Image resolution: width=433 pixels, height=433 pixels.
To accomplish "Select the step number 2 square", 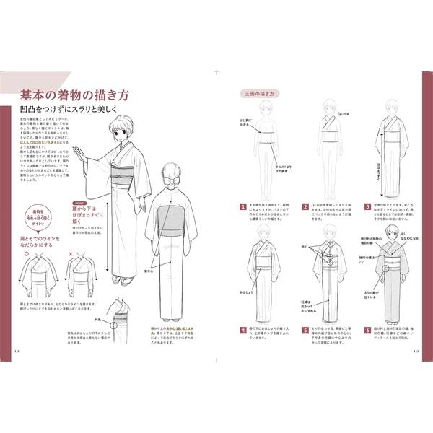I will pyautogui.click(x=305, y=204).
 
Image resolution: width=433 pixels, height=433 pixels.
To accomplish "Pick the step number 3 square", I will pyautogui.click(x=367, y=204).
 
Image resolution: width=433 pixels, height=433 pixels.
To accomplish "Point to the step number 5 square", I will pyautogui.click(x=305, y=329).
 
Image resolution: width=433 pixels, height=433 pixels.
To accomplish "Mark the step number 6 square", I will pyautogui.click(x=367, y=329).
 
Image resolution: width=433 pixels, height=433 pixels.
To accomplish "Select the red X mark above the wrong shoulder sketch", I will pyautogui.click(x=71, y=254).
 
